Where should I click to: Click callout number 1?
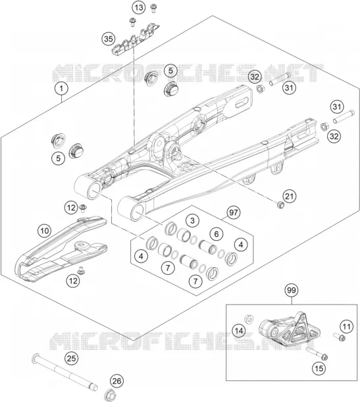point(61,89)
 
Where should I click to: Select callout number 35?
point(109,39)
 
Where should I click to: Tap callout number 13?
point(139,7)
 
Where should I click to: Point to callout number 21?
point(289,196)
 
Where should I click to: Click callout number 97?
point(234,213)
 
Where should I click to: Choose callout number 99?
point(292,290)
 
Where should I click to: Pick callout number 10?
point(45,231)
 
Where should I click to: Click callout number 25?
point(72,358)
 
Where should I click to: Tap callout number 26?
point(116,381)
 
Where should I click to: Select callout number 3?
point(193,220)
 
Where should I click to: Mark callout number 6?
point(217,234)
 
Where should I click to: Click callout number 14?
point(239,331)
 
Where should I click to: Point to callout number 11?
point(346,326)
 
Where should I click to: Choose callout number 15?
point(319,368)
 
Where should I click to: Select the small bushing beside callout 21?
point(280,205)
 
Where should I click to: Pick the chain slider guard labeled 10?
point(61,247)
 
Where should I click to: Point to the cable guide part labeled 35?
point(136,38)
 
